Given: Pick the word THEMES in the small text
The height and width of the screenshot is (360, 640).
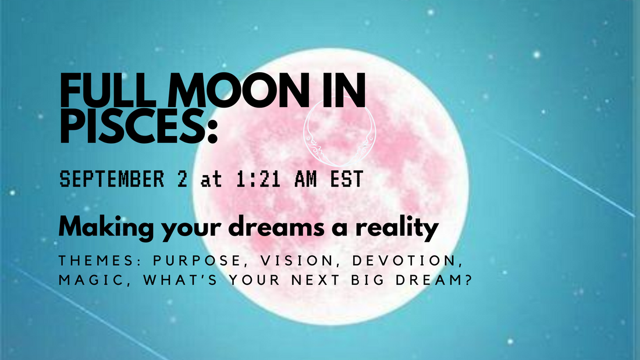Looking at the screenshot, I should pos(87,260).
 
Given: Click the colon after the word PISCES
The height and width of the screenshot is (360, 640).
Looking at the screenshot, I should pos(211,129).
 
